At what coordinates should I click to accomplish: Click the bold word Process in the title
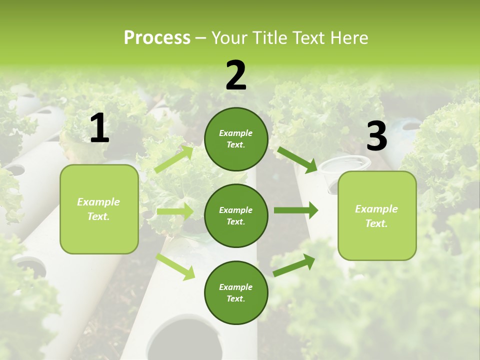[157, 38]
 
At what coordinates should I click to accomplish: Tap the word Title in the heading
[268, 38]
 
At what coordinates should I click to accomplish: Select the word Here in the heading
[348, 38]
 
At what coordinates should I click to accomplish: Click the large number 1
[99, 128]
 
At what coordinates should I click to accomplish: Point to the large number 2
[236, 75]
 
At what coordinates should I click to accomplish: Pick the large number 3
[376, 136]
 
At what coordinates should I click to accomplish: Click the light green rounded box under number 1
[99, 209]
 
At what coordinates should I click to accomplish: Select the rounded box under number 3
[377, 215]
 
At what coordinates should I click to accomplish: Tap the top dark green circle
[236, 139]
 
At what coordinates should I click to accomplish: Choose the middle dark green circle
[236, 215]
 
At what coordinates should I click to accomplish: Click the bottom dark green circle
[236, 292]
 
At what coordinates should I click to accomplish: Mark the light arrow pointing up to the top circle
[173, 159]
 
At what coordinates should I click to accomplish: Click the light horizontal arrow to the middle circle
[175, 211]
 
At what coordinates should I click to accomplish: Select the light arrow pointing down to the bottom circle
[175, 266]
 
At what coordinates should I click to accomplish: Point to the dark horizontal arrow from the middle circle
[296, 210]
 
